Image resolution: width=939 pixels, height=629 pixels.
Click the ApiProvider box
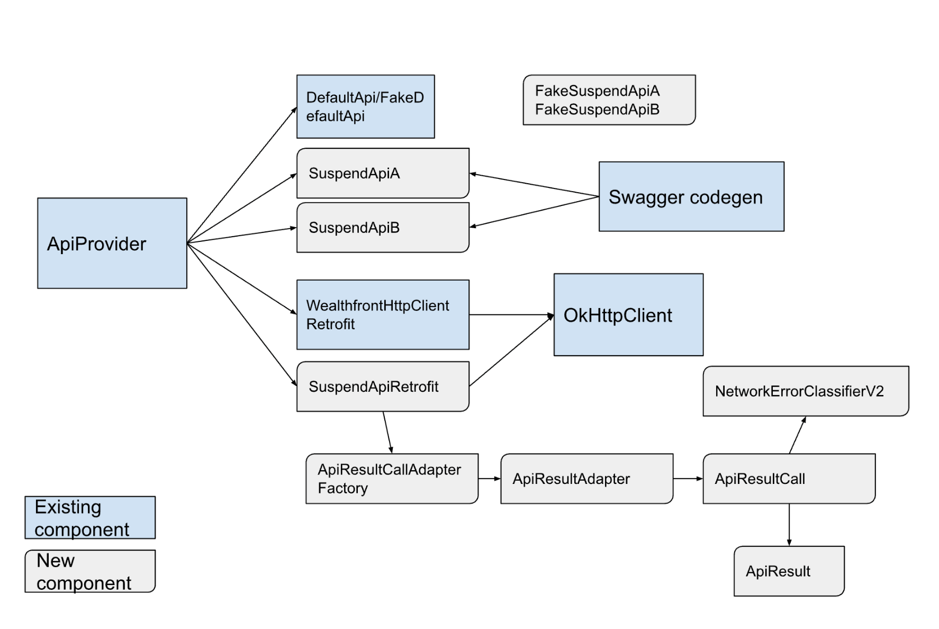112,243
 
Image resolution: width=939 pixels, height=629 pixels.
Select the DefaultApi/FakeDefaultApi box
366,106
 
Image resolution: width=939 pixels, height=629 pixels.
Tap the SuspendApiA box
383,173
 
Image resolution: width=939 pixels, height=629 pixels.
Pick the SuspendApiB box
383,228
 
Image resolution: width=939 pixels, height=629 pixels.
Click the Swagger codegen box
691,196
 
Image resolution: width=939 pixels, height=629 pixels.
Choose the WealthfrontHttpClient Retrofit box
383,314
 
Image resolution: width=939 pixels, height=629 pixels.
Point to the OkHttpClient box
628,314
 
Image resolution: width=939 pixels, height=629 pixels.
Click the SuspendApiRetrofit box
383,387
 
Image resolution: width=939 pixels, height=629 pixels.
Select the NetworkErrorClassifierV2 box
806,391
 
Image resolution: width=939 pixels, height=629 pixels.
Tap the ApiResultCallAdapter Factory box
392,479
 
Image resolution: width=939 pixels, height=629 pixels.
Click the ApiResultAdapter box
587,479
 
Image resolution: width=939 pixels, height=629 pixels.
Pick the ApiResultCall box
789,479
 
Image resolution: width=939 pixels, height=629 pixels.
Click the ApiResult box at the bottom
789,571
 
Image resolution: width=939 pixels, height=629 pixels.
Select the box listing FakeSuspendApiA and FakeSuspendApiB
609,100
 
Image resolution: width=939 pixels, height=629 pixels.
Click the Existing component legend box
90,518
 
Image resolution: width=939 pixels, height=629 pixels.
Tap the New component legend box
90,571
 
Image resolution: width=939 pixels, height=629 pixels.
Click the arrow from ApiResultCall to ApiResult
789,525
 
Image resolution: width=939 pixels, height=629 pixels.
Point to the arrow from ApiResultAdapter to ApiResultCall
688,479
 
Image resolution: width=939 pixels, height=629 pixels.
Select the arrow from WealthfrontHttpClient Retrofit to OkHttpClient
511,314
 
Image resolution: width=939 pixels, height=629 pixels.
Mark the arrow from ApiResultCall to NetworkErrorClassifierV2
798,435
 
